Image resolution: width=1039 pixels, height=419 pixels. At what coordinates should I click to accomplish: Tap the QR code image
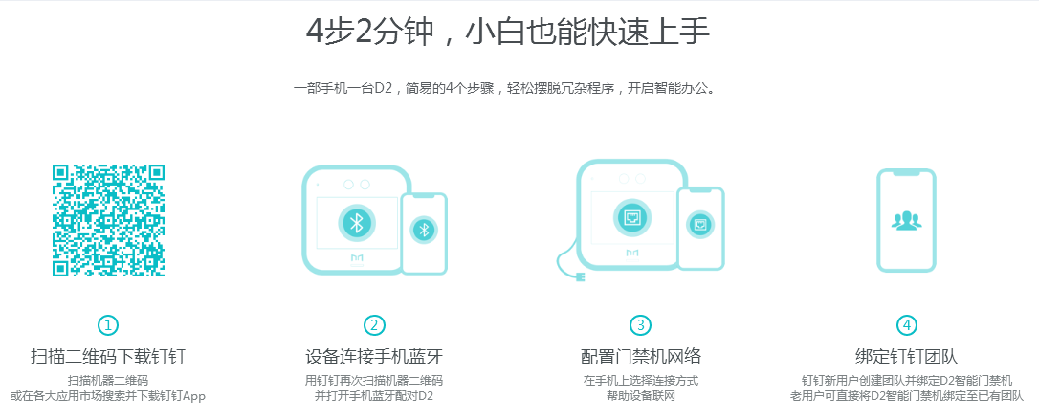[x=108, y=221]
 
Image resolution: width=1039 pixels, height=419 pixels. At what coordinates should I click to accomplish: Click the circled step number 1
[x=108, y=325]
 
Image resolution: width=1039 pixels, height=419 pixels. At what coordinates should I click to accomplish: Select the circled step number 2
[x=374, y=325]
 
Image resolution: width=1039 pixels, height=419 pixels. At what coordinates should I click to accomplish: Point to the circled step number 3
[x=641, y=325]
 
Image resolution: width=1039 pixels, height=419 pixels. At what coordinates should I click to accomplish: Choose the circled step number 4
[x=906, y=325]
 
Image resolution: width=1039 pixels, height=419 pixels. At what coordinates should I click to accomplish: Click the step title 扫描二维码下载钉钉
[x=108, y=357]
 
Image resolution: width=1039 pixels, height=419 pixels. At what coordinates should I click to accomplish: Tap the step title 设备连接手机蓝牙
[x=374, y=357]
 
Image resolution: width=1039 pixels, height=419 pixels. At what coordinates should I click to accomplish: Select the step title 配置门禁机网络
[x=641, y=357]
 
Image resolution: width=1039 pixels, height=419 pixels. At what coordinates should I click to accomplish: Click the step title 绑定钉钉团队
[x=906, y=357]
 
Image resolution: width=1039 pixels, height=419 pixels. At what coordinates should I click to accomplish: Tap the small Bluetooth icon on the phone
[x=424, y=230]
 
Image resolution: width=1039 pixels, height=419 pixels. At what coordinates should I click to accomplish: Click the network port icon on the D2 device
[x=632, y=216]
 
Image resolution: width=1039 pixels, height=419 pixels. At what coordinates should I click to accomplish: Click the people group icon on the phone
[x=906, y=220]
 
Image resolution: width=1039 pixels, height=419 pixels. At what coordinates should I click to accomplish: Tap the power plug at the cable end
[x=579, y=279]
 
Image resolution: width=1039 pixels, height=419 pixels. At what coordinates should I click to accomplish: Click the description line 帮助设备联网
[x=641, y=395]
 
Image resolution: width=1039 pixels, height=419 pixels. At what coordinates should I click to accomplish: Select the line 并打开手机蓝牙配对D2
[x=374, y=395]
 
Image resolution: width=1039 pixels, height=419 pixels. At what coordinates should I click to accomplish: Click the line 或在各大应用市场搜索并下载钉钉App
[x=108, y=395]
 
